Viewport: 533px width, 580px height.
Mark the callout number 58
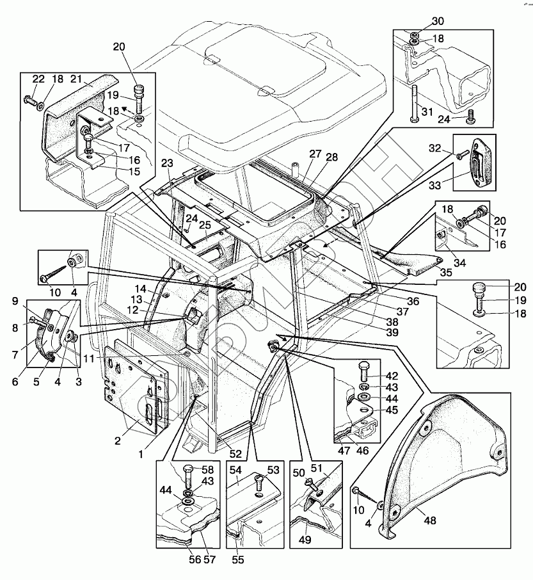[208, 469]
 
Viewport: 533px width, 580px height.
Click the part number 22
[39, 78]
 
